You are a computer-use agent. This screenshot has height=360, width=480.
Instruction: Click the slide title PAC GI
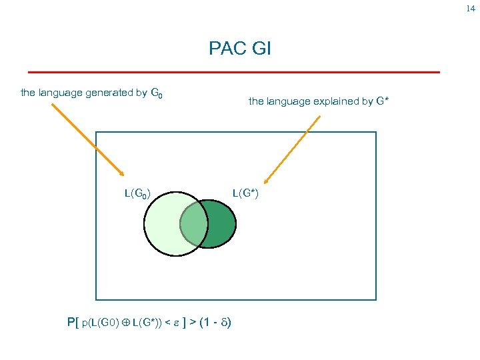[x=239, y=49]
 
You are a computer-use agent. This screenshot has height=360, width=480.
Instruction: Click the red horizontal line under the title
[x=233, y=71]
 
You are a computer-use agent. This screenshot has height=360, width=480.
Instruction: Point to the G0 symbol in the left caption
[x=156, y=94]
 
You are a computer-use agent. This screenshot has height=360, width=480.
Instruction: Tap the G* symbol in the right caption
[x=382, y=102]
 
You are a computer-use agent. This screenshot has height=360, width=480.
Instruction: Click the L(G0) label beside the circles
[x=137, y=194]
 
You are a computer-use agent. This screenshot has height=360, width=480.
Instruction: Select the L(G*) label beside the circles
[x=245, y=194]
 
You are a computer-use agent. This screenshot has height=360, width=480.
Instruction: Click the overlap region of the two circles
[x=193, y=224]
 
